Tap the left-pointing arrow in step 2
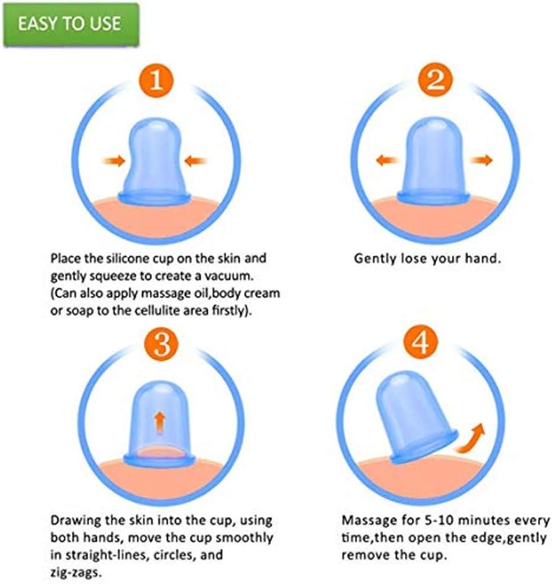[x=386, y=160]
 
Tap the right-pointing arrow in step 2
[x=481, y=160]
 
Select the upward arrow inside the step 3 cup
[x=159, y=423]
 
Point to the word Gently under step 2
[x=375, y=258]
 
